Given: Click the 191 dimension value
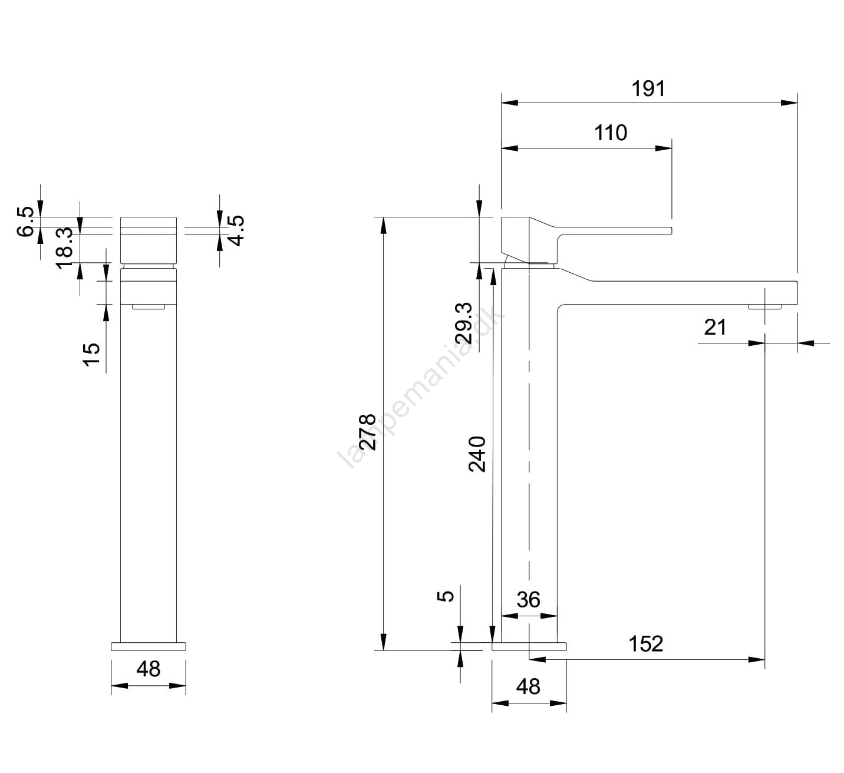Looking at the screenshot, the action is (648, 89).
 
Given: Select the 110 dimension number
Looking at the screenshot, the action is (611, 133).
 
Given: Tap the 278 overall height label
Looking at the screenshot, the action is (367, 432).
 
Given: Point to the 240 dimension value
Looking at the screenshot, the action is (477, 454).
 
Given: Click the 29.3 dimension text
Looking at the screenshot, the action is (464, 323).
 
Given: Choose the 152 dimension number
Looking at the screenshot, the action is (646, 644).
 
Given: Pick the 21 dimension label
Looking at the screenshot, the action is (716, 328).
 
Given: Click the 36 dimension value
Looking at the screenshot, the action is (529, 600).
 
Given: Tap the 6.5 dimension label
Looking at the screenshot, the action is (25, 222).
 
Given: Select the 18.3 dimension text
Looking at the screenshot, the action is (64, 248).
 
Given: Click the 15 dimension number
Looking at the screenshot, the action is (92, 355).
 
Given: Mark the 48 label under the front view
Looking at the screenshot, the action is (148, 669).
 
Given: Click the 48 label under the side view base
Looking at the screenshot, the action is (528, 686).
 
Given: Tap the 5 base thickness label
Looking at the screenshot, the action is (446, 596).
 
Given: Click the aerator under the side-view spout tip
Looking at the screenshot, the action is (764, 307).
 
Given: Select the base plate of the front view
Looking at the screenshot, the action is (149, 646).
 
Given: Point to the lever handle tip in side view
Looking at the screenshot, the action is (671, 230).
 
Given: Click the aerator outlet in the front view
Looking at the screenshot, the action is (149, 307).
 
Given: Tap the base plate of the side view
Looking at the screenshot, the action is (529, 646).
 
